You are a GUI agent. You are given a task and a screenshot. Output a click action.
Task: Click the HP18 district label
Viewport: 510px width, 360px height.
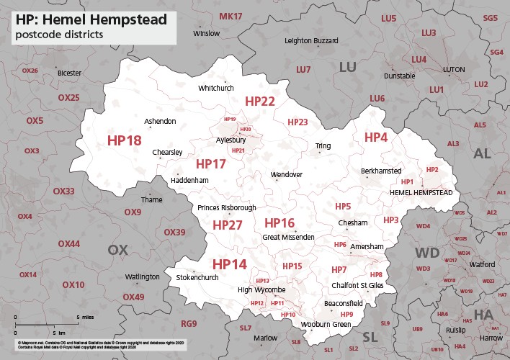[124, 140]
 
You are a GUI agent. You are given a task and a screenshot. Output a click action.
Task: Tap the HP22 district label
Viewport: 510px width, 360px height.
[260, 102]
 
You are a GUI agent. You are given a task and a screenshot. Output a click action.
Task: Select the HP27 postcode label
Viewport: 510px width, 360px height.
[228, 225]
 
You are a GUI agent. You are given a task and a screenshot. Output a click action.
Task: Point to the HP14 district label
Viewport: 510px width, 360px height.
[229, 264]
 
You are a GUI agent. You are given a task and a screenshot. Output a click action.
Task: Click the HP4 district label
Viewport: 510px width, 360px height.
[375, 138]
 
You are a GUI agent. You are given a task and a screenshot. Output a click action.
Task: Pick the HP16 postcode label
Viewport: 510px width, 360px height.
[279, 222]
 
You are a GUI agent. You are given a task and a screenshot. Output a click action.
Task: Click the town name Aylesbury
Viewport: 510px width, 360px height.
[231, 140]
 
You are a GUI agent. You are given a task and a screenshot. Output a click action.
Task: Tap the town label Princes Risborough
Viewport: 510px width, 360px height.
[226, 207]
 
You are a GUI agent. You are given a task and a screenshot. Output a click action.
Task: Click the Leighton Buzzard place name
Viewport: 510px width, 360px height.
[311, 41]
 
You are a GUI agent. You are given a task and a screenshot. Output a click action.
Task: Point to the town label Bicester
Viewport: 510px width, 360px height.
[70, 73]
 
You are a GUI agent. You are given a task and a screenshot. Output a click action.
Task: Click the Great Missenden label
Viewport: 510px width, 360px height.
[288, 237]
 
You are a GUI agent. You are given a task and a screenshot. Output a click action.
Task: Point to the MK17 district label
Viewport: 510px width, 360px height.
[231, 16]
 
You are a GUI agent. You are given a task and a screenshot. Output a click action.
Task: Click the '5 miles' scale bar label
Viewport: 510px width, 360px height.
[84, 317]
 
